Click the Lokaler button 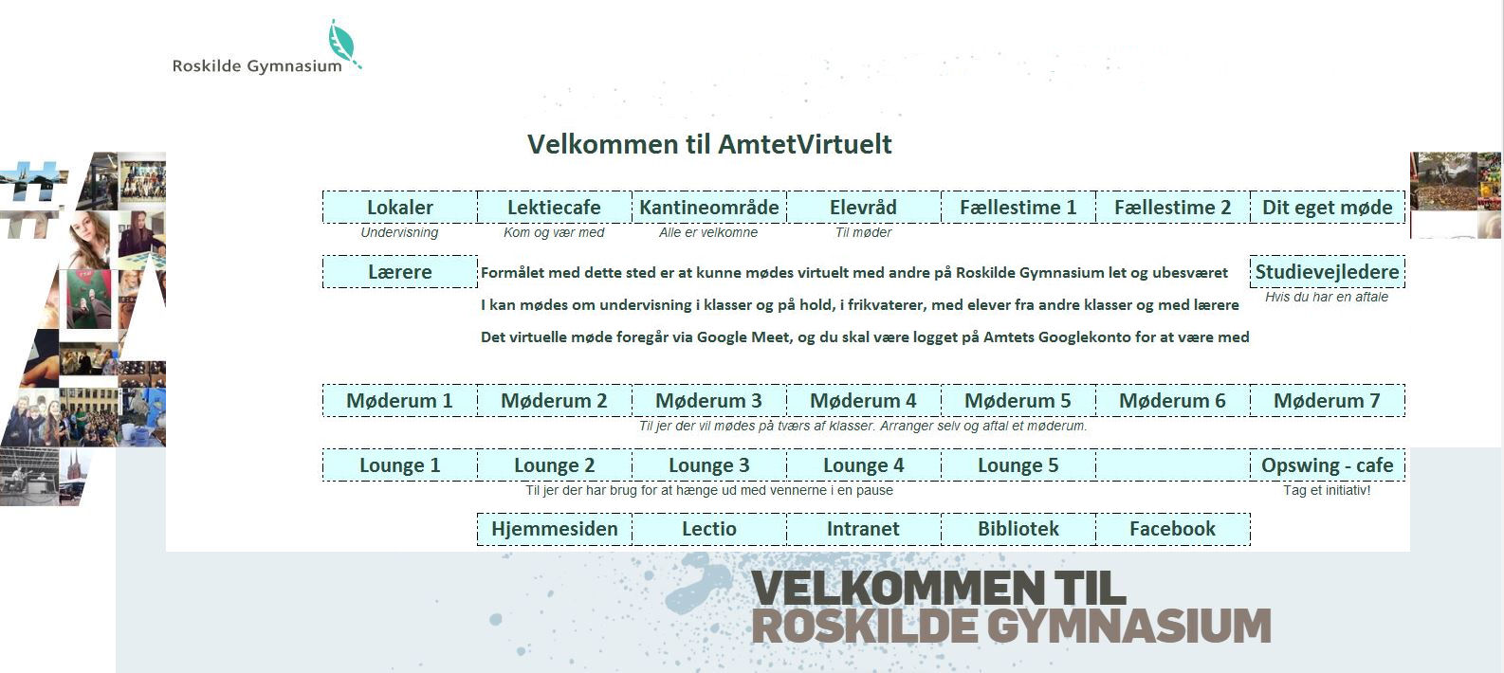(399, 208)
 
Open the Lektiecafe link (554, 208)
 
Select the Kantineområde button (708, 208)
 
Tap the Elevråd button (863, 208)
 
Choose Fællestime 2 (1172, 208)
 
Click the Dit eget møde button (1327, 208)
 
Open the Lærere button (399, 272)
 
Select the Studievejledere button (1327, 272)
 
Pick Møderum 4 (863, 401)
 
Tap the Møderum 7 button (1327, 401)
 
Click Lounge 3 (708, 465)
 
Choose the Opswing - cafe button (1327, 465)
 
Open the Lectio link (708, 529)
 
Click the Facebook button (1172, 529)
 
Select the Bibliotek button (1018, 529)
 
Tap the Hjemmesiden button (554, 529)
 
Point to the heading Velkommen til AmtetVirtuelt (709, 144)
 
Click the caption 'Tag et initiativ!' (1327, 491)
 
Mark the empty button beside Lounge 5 (1172, 465)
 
